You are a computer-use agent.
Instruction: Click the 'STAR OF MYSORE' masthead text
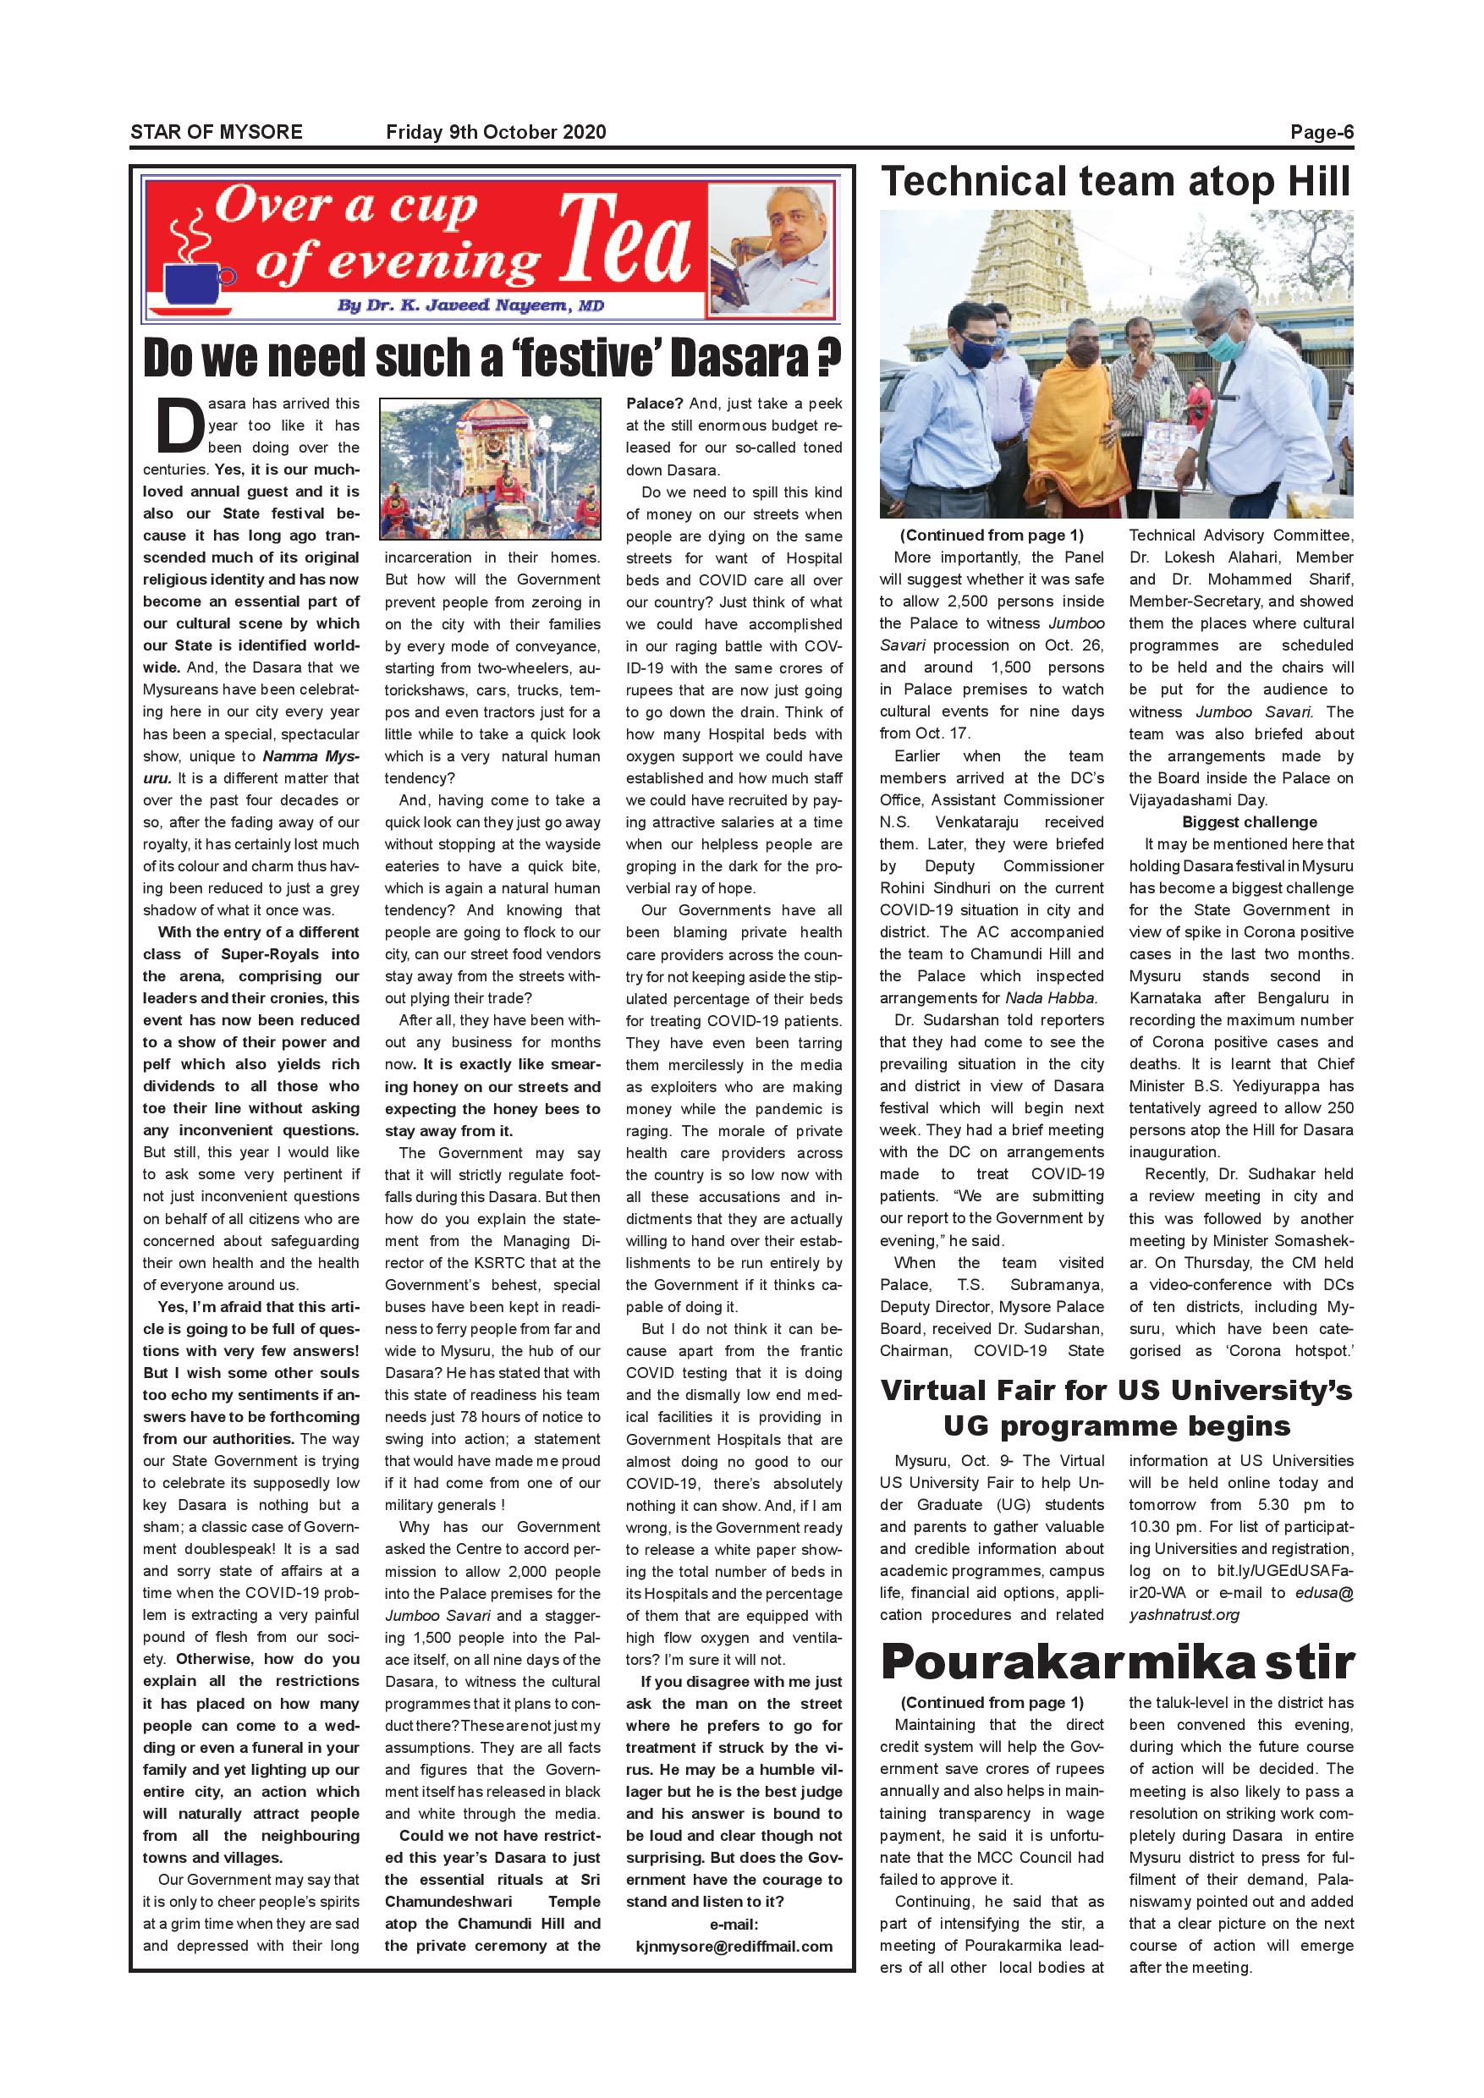point(216,132)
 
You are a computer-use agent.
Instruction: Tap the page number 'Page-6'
point(1322,132)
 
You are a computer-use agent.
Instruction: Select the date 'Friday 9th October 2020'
point(495,132)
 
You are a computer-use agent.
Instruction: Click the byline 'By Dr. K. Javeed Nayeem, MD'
point(470,305)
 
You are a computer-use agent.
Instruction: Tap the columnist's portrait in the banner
point(772,248)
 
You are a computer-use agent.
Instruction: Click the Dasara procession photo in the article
point(490,469)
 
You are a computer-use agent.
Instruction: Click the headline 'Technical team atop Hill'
point(1115,182)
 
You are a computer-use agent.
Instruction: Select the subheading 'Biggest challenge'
point(1249,821)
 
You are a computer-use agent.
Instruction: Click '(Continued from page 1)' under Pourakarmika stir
point(992,1702)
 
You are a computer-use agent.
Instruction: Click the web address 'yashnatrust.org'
point(1184,1615)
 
